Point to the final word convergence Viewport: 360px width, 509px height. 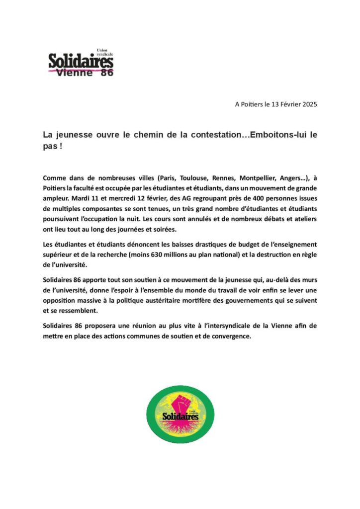224,336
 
